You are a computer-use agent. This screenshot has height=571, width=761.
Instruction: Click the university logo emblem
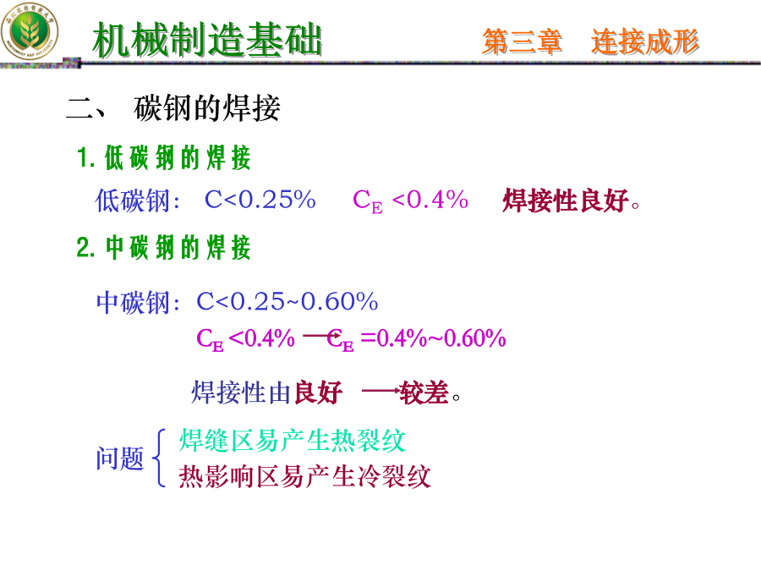(30, 31)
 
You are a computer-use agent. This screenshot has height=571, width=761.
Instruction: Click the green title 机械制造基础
(207, 39)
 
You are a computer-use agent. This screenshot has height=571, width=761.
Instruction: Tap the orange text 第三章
(523, 41)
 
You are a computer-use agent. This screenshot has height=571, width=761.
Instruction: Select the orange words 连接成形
(645, 41)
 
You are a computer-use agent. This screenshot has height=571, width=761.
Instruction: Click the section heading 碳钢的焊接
(207, 107)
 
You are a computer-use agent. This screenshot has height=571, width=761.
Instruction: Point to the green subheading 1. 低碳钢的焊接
(163, 158)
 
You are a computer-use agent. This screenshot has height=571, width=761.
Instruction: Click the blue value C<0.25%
(260, 200)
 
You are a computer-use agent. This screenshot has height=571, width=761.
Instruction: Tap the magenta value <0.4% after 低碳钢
(430, 200)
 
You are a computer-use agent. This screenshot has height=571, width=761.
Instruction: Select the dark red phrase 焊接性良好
(566, 200)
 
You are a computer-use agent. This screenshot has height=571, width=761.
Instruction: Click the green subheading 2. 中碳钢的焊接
(163, 248)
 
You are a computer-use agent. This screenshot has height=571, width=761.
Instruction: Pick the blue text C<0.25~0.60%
(287, 301)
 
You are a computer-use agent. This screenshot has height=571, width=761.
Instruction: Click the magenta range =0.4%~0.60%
(434, 338)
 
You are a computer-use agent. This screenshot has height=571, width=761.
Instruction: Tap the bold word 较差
(424, 393)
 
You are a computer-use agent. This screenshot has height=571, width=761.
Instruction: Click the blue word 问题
(120, 458)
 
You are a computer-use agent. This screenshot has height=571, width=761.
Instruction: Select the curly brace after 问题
(158, 458)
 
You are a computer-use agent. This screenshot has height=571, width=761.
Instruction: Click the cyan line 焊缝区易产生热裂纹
(293, 441)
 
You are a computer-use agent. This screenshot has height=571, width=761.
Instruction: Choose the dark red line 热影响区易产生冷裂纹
(304, 475)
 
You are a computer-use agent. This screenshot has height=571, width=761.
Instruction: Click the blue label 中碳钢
(133, 303)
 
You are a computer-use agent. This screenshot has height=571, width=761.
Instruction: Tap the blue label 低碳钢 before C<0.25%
(133, 200)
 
